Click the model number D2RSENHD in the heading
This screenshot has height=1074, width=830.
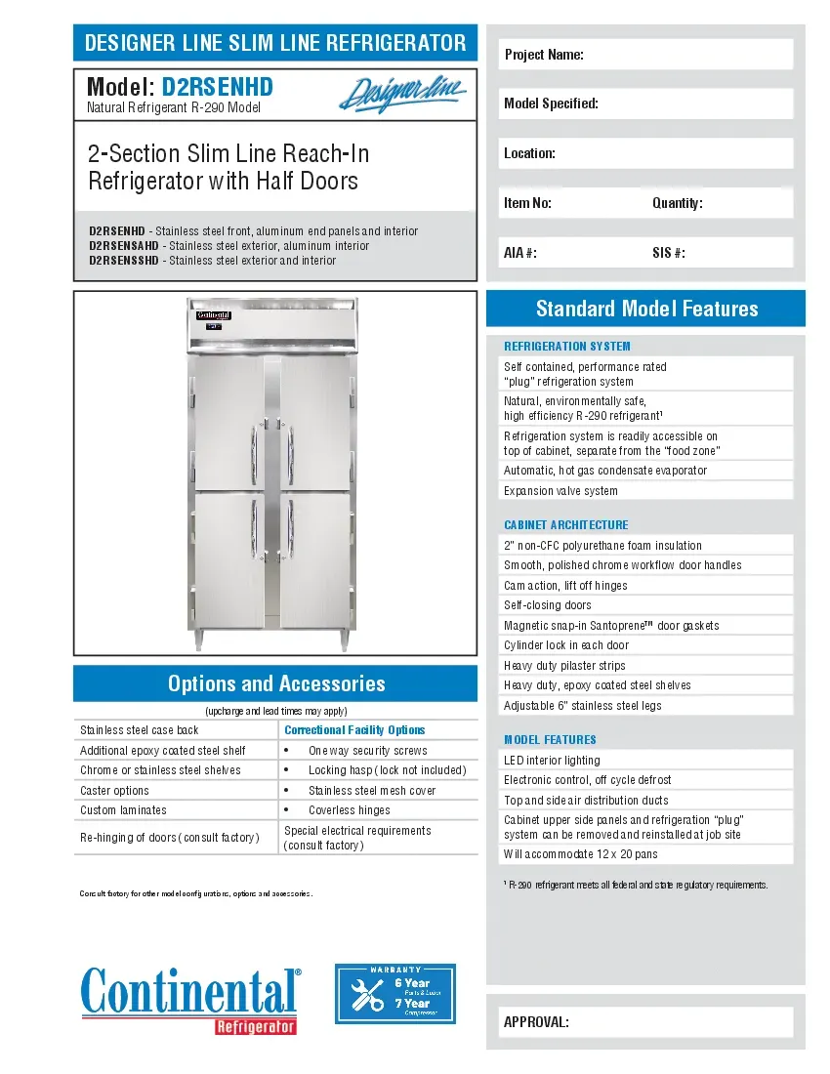click(217, 87)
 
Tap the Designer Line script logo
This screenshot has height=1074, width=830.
click(402, 94)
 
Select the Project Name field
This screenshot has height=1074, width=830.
click(645, 55)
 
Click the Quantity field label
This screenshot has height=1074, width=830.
click(677, 203)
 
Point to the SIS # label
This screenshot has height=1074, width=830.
click(668, 253)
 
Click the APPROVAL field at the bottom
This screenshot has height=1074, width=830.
click(645, 1022)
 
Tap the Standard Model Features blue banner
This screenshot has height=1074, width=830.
click(645, 309)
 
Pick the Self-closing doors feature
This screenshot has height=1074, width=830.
click(548, 605)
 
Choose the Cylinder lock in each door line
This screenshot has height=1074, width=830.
click(566, 645)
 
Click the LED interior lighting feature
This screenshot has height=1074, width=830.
click(552, 761)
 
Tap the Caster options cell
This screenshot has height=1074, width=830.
click(115, 791)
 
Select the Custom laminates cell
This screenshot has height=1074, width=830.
click(123, 810)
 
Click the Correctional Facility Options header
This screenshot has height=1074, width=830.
click(354, 730)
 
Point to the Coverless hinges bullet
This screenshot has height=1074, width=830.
click(349, 810)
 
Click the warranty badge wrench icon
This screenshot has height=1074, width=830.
click(367, 993)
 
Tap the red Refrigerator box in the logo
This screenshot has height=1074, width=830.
click(255, 1026)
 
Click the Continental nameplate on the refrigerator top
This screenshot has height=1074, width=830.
click(214, 315)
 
